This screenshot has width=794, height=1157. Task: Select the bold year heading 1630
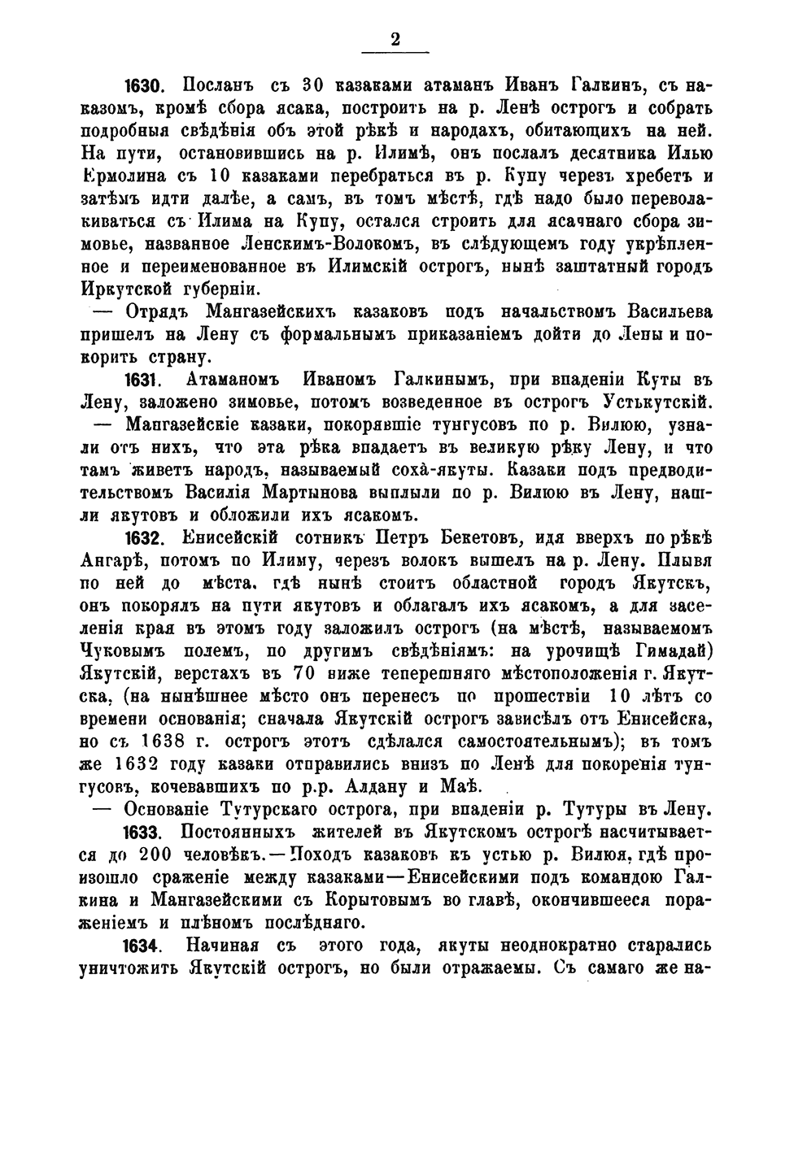(x=144, y=86)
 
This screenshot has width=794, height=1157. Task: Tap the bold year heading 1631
(x=144, y=379)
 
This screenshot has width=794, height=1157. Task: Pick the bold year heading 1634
(x=144, y=946)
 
